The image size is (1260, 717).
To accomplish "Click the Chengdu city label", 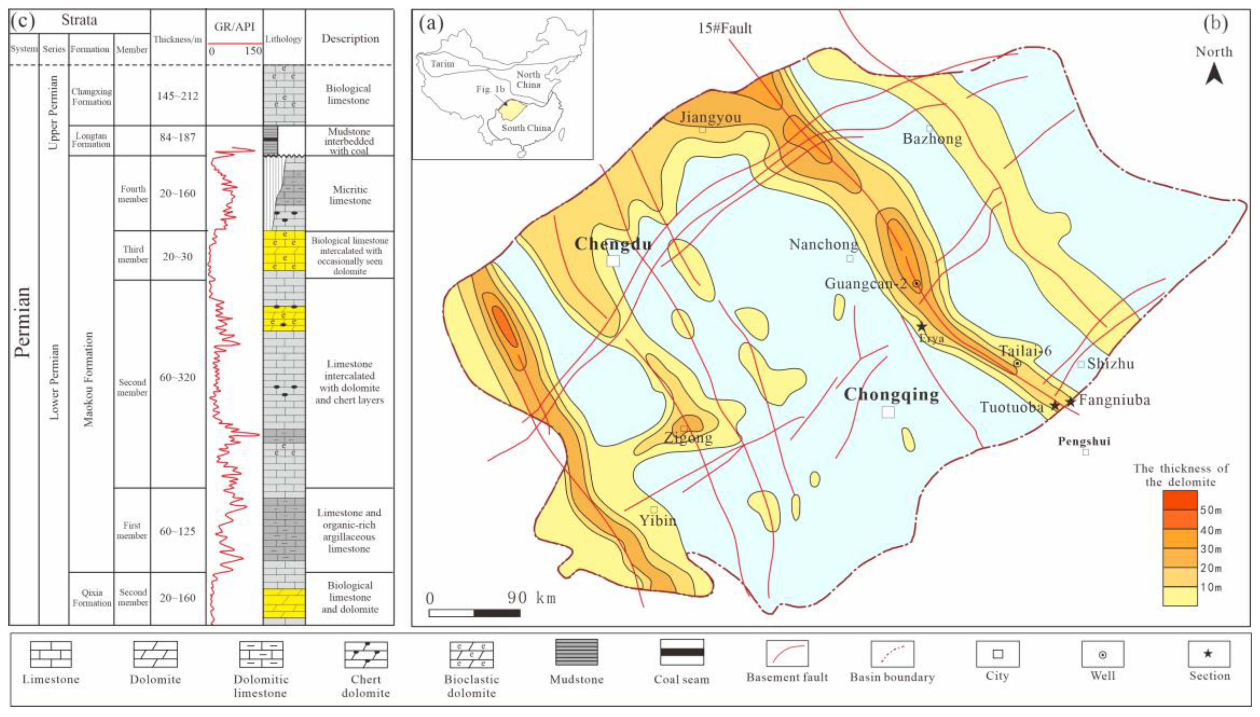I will [613, 243].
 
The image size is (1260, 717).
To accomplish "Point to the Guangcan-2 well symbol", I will [916, 284].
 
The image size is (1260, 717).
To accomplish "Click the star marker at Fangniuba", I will [1071, 401].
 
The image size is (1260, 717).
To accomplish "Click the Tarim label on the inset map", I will [443, 64].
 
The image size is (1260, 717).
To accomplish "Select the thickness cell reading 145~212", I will [177, 96].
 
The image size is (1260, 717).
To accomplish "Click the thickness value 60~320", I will [177, 378].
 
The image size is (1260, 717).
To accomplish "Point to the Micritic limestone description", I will [350, 195].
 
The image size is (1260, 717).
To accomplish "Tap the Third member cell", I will [133, 254].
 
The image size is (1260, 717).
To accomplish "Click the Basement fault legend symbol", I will [787, 653].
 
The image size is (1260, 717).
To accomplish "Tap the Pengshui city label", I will [1084, 441].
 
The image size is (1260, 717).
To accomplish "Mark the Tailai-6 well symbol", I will [1017, 363].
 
